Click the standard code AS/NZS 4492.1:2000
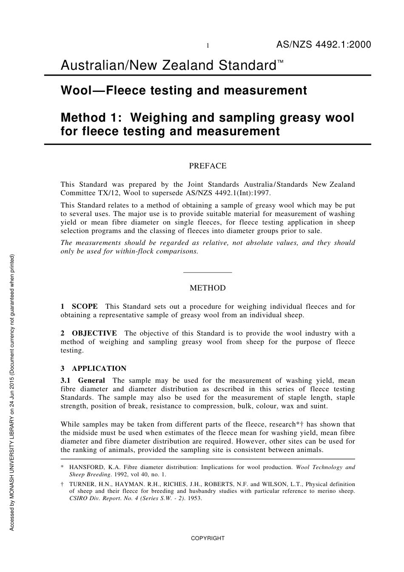pos(324,45)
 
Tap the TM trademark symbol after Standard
pos(281,62)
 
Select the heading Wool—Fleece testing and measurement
pos(184,91)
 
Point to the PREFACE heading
pos(208,166)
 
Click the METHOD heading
pos(208,288)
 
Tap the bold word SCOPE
pos(85,306)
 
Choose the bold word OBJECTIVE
pos(94,333)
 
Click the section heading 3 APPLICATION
pos(94,368)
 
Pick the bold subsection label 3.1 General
pos(83,380)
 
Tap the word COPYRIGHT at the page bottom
pos(208,538)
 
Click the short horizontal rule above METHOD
pos(208,272)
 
